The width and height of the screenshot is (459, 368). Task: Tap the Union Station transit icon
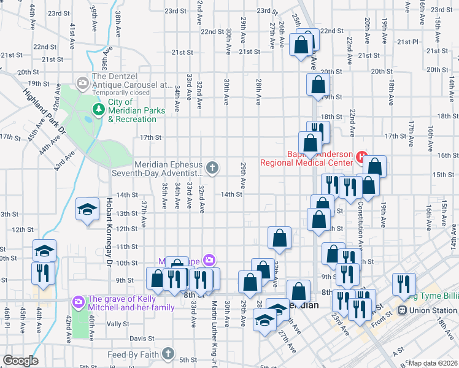pos(404,310)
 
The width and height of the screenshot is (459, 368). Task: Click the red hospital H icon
pos(361,157)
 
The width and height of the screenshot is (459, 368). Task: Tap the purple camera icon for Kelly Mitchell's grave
pos(77,302)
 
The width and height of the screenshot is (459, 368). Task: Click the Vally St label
pos(117,323)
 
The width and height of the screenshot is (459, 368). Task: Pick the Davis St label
pos(141,338)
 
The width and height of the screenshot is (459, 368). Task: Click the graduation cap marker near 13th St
pos(87,209)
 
